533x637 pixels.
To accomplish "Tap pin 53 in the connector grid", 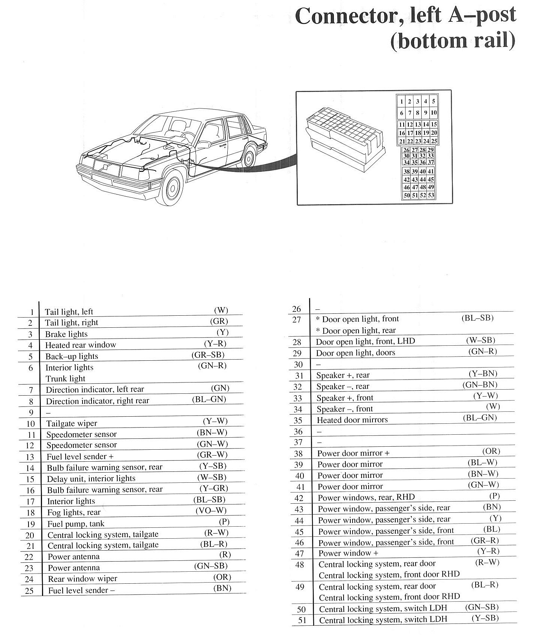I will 431,195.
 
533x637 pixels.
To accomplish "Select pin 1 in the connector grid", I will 401,101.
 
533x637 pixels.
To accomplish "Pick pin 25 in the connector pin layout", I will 434,142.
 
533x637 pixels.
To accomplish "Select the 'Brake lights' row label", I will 66,334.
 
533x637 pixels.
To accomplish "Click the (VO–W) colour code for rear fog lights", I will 211,511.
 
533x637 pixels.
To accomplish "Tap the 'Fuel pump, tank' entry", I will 76,524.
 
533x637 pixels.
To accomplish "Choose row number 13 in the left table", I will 30,457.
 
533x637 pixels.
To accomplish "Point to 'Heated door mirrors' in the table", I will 352,420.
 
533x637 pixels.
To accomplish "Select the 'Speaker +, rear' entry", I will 343,375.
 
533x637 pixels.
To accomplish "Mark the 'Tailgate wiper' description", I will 72,423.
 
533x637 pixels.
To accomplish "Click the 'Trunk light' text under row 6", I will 65,378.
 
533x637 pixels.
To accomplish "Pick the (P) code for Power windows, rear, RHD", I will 494,496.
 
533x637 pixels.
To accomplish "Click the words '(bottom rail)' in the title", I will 452,41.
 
